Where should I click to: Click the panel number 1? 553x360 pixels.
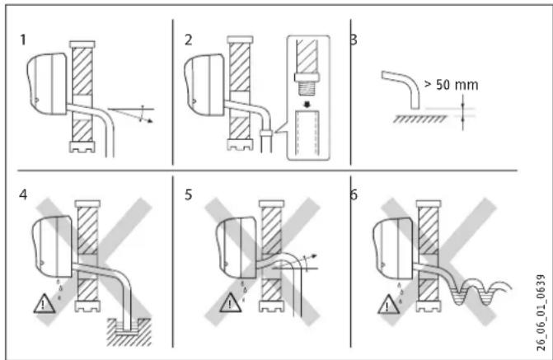click(x=23, y=40)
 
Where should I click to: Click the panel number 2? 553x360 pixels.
click(x=189, y=40)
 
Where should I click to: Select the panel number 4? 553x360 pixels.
click(x=23, y=194)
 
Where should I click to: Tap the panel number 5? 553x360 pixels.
click(x=189, y=194)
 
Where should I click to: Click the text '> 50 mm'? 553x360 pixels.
click(x=451, y=85)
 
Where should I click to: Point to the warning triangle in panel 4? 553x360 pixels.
click(x=44, y=304)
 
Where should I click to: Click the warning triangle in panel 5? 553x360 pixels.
click(x=230, y=302)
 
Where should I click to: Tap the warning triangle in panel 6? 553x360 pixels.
click(x=388, y=304)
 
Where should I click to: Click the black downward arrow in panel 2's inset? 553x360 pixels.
click(x=307, y=105)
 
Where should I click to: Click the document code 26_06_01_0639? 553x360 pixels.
click(x=541, y=313)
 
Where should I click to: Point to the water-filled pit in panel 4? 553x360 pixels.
click(x=129, y=331)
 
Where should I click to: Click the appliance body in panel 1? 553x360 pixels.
click(x=47, y=84)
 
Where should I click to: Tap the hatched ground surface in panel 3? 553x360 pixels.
click(x=419, y=119)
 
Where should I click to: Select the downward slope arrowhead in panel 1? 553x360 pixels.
click(x=151, y=121)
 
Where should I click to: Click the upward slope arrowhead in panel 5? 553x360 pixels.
click(x=314, y=256)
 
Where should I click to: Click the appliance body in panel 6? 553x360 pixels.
click(x=393, y=249)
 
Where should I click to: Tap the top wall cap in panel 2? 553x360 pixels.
click(x=240, y=40)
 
